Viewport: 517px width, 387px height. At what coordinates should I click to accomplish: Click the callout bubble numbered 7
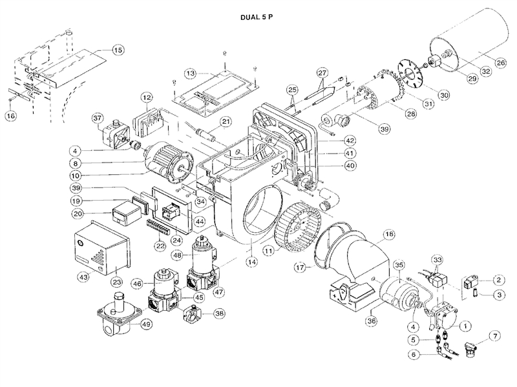coord(496,337)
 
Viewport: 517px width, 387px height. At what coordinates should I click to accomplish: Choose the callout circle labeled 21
coord(226,121)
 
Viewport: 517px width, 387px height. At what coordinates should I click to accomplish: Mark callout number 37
coord(97,119)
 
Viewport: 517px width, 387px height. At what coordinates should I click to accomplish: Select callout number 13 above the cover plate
coord(190,74)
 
